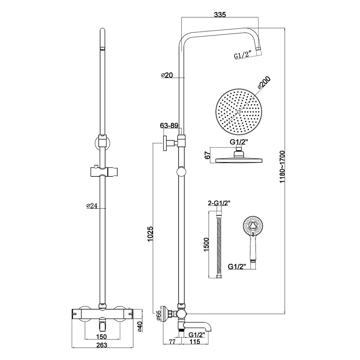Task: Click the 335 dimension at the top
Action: pos(220,14)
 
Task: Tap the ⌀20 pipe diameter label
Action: pos(167,75)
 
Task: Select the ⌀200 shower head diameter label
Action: pos(264,83)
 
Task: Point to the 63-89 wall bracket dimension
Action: pos(169,126)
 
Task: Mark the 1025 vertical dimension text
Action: pos(150,234)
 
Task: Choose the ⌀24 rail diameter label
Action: pos(92,206)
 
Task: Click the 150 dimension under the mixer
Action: pos(102,337)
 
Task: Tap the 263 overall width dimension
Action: pos(102,345)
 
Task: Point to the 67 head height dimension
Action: pos(207,155)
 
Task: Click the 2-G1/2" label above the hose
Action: pos(219,203)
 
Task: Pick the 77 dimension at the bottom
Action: pos(172,342)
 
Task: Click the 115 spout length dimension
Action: pos(195,342)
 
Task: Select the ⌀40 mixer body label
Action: pos(140,326)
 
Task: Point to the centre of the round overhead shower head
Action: pos(239,112)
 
